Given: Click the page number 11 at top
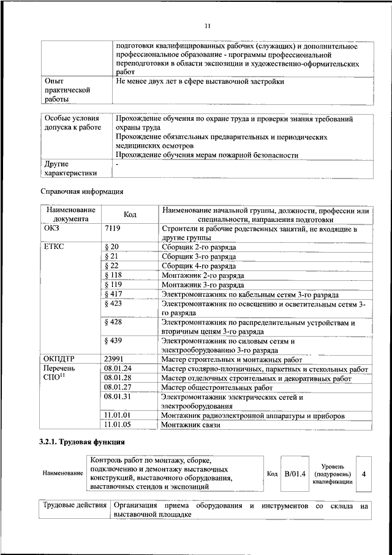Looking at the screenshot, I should click(207, 26).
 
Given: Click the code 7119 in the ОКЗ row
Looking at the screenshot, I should click(113, 228).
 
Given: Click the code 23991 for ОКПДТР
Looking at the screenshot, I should click(115, 359).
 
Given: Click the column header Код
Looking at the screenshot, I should click(129, 215).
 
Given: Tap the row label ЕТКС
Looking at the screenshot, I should click(54, 247).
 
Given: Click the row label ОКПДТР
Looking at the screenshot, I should click(59, 359).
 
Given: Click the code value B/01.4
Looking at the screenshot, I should click(295, 473).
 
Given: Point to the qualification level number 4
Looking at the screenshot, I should click(364, 473).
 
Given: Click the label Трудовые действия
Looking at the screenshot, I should click(74, 506).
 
